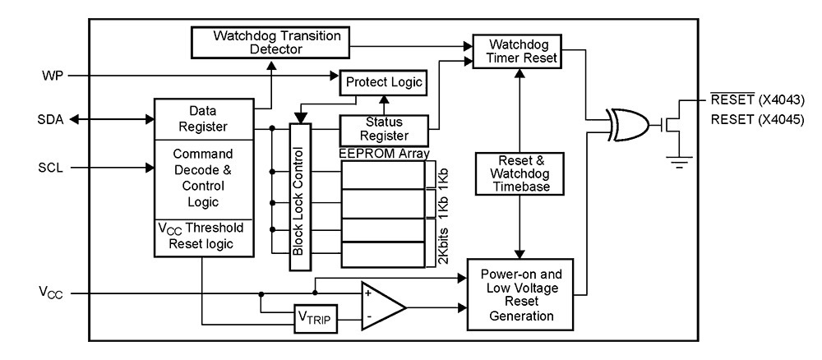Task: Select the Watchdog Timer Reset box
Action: (516, 51)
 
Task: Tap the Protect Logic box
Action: (384, 82)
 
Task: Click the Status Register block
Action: (385, 130)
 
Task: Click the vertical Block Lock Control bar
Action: (298, 197)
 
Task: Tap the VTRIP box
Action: (316, 318)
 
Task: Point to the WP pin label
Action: (52, 76)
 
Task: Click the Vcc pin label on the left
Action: (52, 293)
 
